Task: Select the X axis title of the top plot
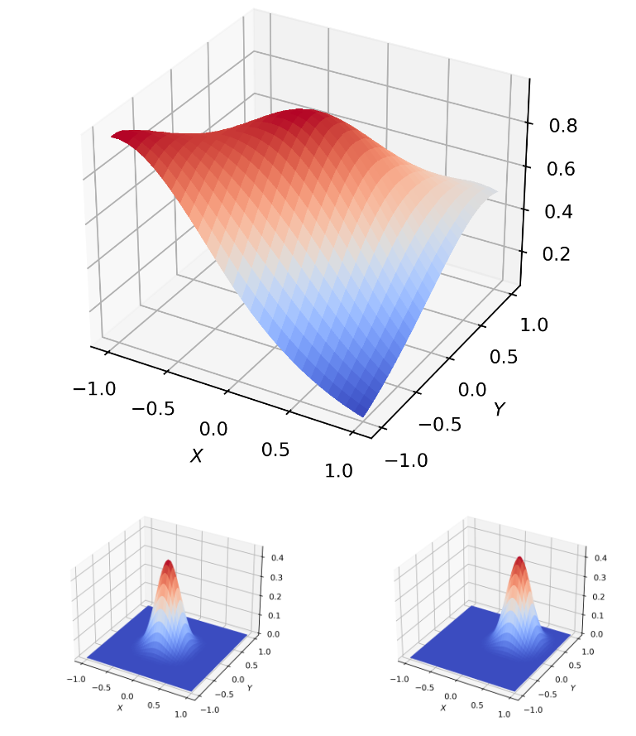(x=196, y=455)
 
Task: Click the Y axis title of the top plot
(x=499, y=409)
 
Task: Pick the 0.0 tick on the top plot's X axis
(x=213, y=428)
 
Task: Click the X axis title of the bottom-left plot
(x=120, y=709)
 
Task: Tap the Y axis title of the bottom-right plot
(x=572, y=688)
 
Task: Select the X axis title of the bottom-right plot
(x=443, y=709)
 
